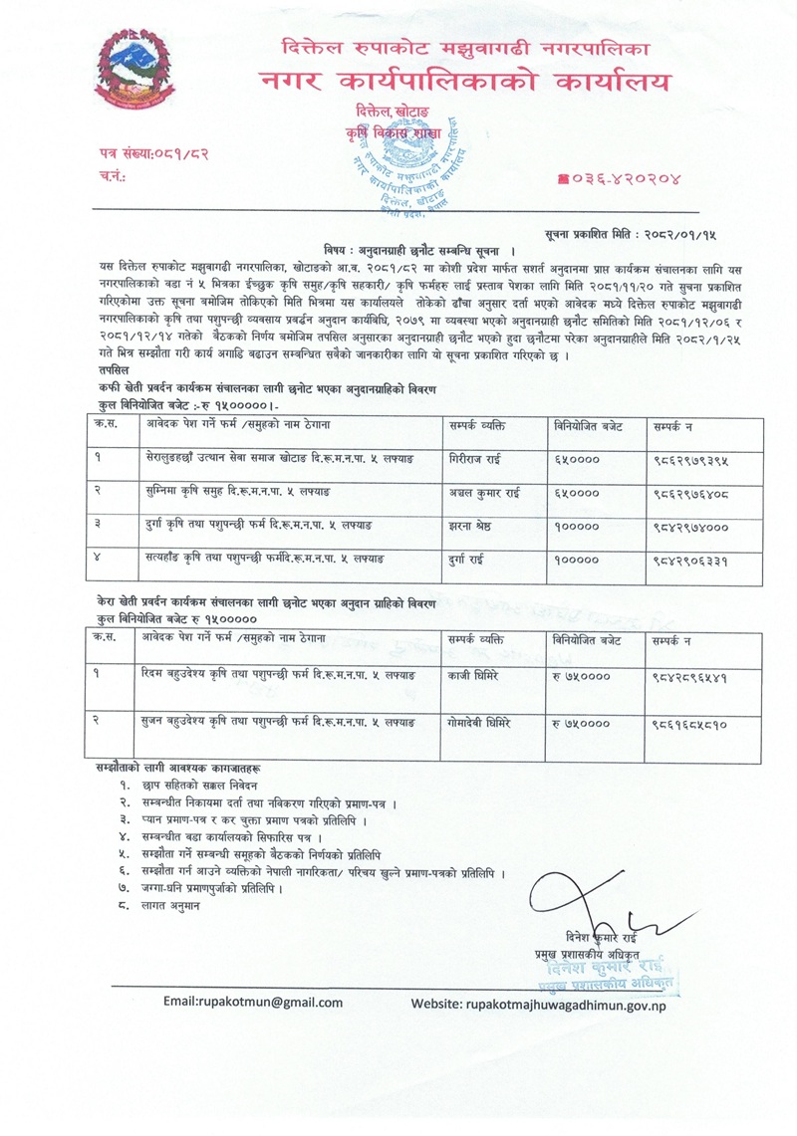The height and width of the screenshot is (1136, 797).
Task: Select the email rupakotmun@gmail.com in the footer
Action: click(x=253, y=1003)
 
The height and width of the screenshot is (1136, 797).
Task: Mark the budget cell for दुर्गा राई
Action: click(x=576, y=561)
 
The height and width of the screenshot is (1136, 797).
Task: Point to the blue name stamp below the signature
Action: click(x=610, y=971)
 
